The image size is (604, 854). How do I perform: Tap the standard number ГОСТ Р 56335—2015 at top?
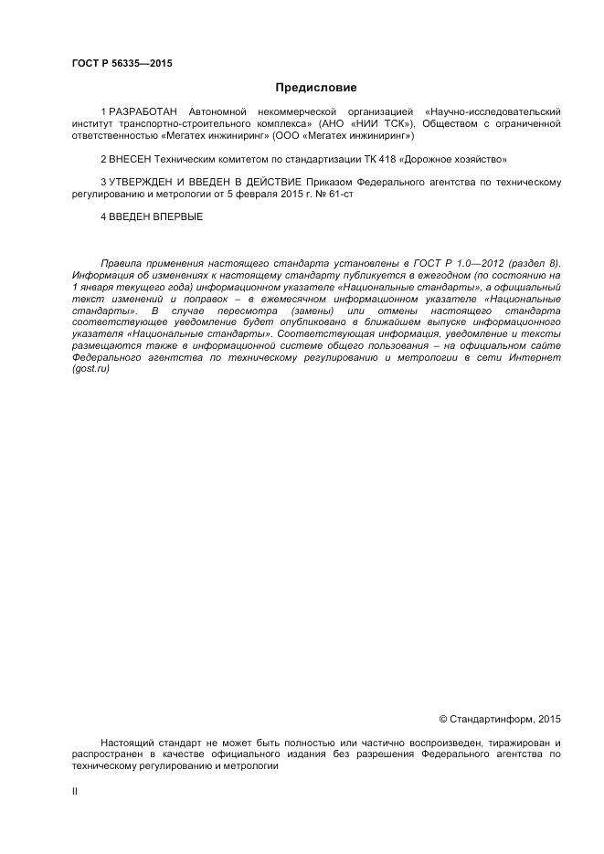pos(122,63)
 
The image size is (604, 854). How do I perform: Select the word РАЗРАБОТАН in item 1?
pos(143,111)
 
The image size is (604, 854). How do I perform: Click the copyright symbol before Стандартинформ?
pos(445,720)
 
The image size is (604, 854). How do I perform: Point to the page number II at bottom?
pos(75,791)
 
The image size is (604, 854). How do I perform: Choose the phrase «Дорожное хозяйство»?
pos(450,159)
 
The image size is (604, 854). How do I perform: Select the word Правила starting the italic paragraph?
pos(122,263)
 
